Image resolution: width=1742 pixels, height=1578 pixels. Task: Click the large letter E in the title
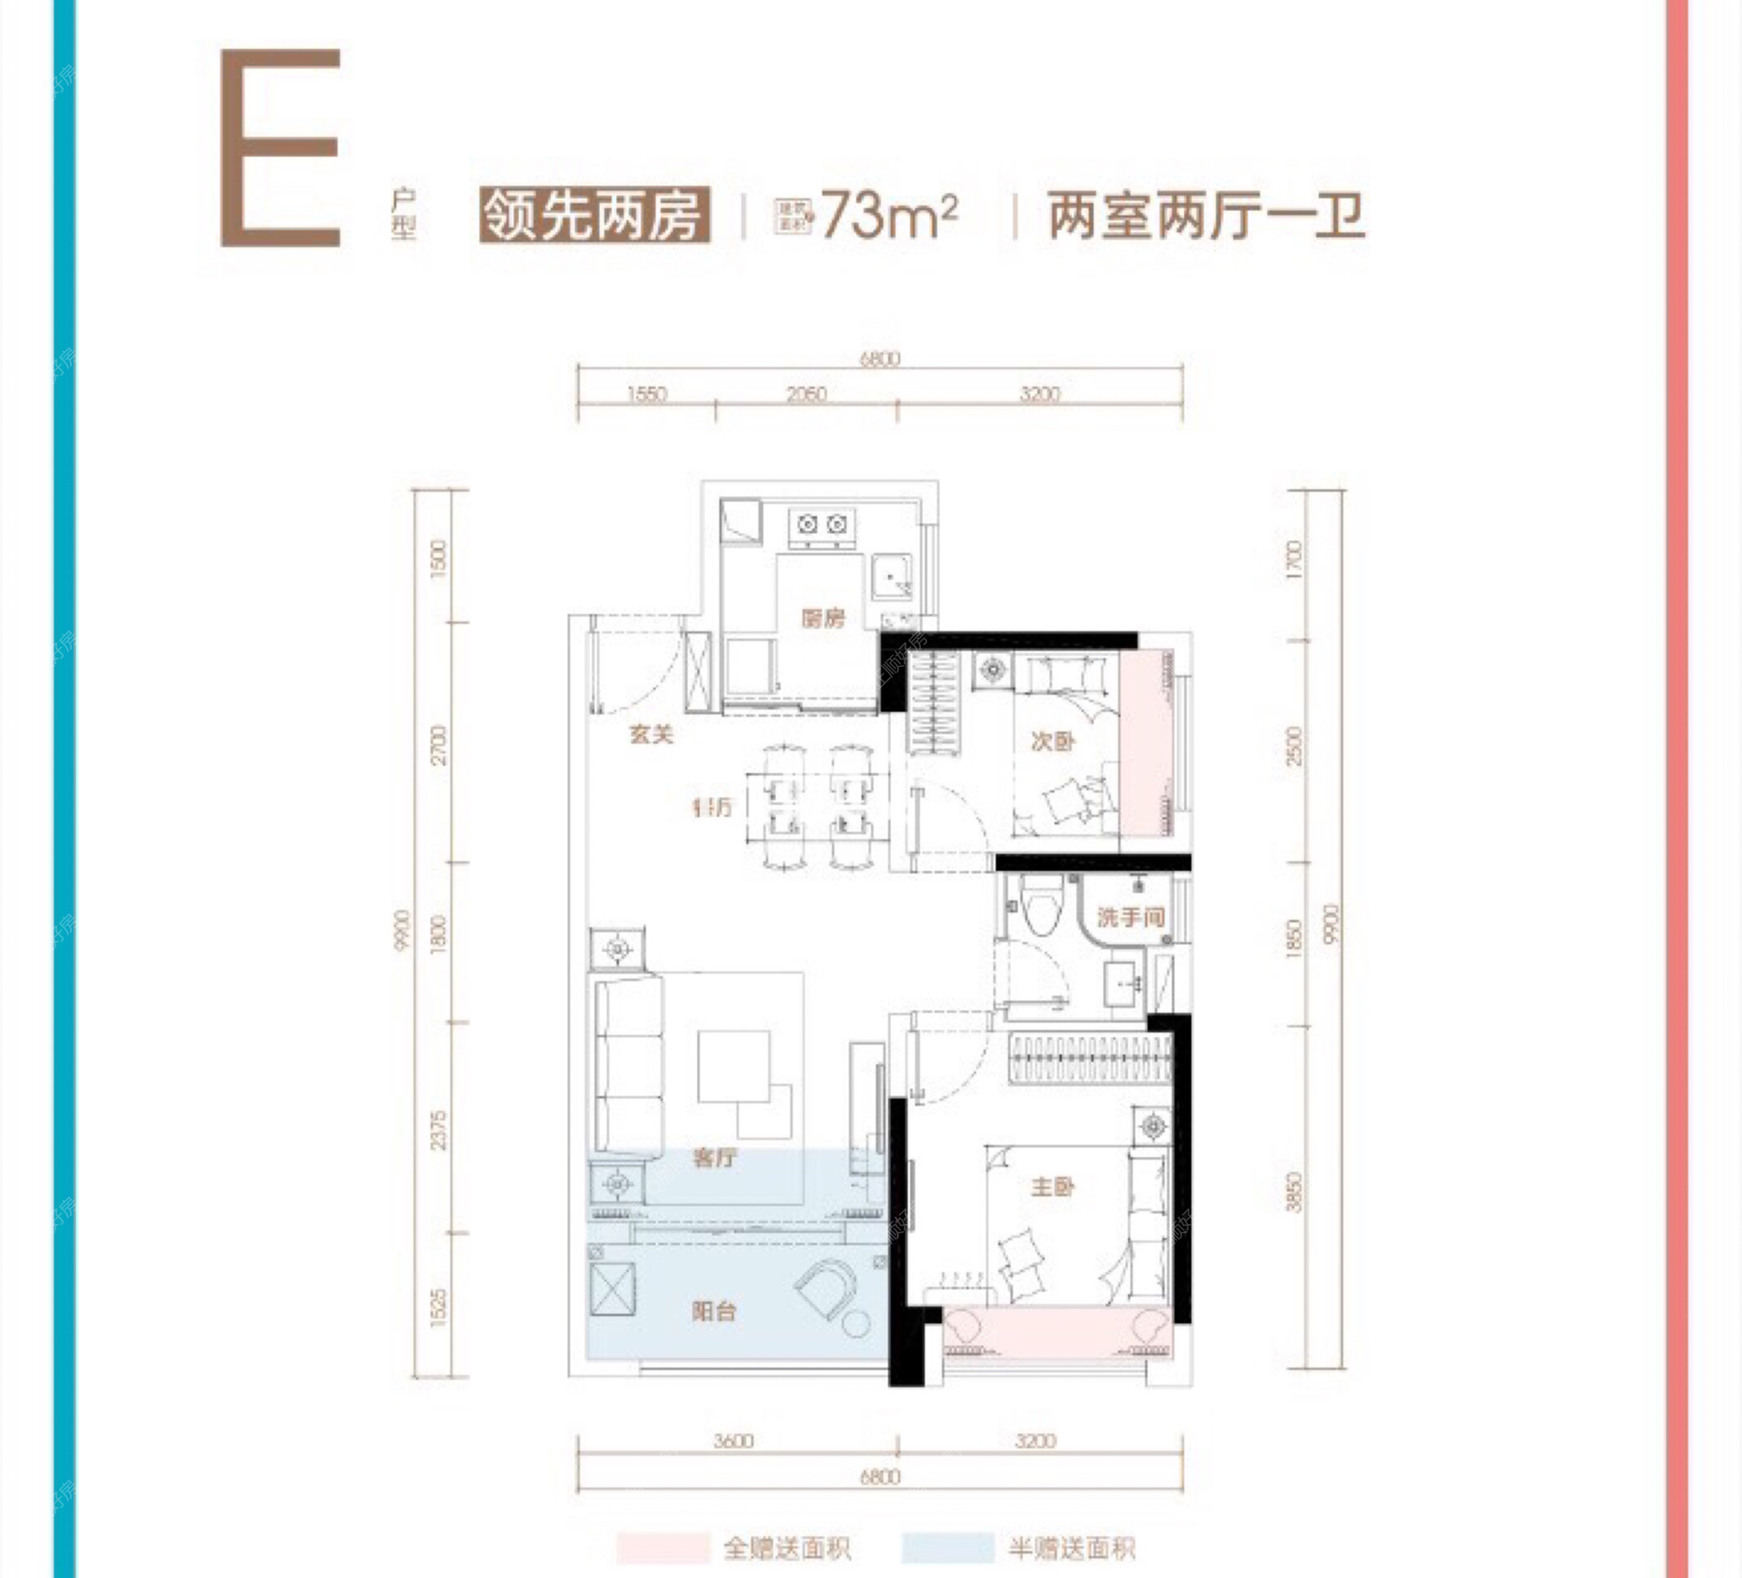280,147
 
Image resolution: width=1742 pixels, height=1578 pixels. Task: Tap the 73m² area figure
888,216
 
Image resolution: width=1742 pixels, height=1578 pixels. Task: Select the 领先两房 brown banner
594,216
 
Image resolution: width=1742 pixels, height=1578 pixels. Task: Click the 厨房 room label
822,619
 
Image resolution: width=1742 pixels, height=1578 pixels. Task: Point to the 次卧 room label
1052,741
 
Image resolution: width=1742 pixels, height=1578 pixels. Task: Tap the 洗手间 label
1130,917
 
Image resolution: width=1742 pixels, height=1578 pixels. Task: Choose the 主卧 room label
1052,1186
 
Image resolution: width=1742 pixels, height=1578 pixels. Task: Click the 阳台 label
714,1310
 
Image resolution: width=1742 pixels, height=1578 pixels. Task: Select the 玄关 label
651,734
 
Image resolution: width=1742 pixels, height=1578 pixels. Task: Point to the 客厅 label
715,1157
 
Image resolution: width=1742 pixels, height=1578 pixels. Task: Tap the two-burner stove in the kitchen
821,526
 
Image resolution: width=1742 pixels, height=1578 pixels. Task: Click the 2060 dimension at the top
807,394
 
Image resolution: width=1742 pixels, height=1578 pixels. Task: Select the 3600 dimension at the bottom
733,1441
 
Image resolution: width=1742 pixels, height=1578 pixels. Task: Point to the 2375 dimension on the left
439,1130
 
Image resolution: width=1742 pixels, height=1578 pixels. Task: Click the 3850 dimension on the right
1294,1192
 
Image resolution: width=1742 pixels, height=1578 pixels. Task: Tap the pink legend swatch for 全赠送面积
661,1548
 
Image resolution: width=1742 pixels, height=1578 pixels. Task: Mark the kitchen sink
891,577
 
